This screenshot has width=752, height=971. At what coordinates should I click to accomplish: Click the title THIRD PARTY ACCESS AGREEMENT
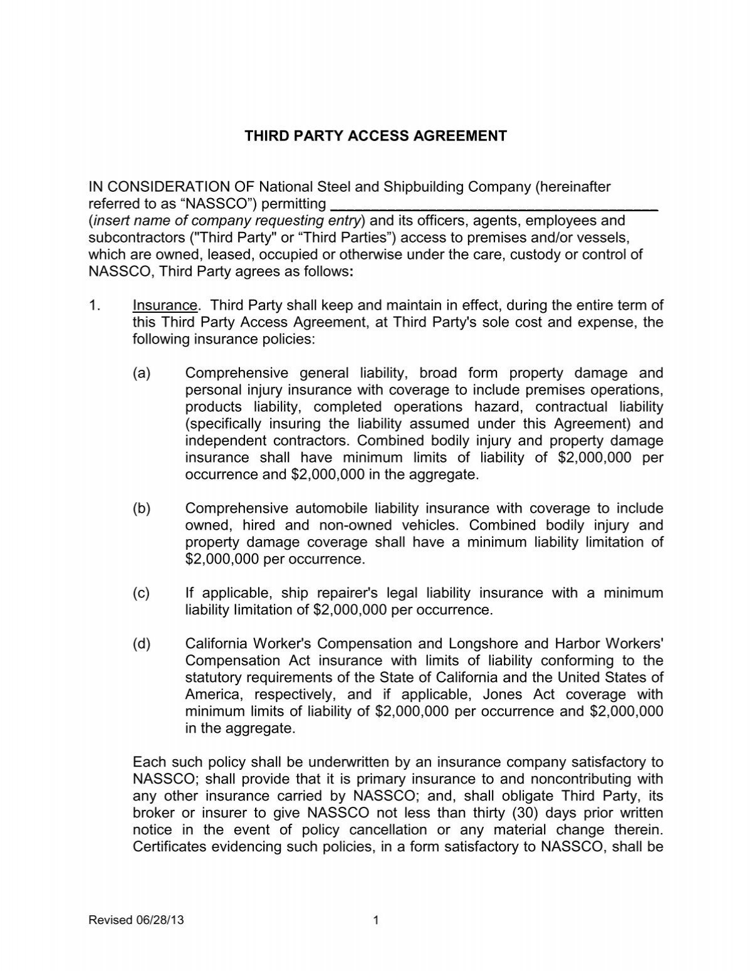coord(375,136)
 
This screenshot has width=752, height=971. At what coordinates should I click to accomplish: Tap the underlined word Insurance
coord(164,306)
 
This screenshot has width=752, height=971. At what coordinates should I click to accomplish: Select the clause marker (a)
coord(142,374)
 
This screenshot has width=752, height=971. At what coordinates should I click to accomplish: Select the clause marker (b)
coord(142,508)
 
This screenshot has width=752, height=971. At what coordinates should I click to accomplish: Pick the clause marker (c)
coord(142,593)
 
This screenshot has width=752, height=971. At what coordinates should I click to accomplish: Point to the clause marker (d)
coord(142,644)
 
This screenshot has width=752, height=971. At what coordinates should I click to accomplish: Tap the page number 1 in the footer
coord(376,921)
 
